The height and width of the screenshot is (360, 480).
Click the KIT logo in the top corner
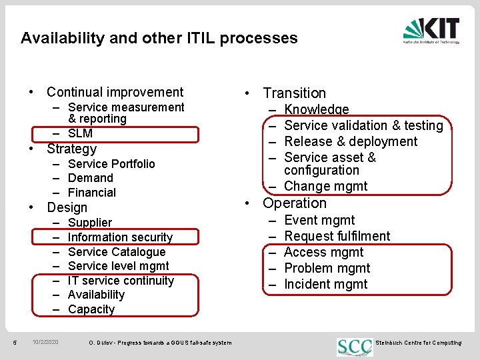431,30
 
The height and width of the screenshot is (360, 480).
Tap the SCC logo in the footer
355,346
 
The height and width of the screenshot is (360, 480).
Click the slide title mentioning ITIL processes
159,38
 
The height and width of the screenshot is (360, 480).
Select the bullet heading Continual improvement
115,92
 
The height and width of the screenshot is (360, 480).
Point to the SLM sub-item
80,133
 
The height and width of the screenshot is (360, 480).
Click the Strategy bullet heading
71,149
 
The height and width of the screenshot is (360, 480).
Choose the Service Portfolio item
111,164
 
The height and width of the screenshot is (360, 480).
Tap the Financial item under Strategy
91,193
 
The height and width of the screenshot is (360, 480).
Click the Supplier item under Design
90,223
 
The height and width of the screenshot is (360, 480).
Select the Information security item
120,237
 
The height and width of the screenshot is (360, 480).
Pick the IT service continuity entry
121,281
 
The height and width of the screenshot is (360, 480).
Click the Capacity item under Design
91,309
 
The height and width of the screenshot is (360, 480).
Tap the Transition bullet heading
294,93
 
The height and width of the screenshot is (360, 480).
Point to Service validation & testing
363,125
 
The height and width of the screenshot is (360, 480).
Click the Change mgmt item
325,187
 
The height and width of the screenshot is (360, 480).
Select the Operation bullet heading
295,203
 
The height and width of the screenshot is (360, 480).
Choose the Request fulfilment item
337,236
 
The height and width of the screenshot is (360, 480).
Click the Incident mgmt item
325,285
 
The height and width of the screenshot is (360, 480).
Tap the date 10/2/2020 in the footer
45,343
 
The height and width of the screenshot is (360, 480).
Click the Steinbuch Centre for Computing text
419,343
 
